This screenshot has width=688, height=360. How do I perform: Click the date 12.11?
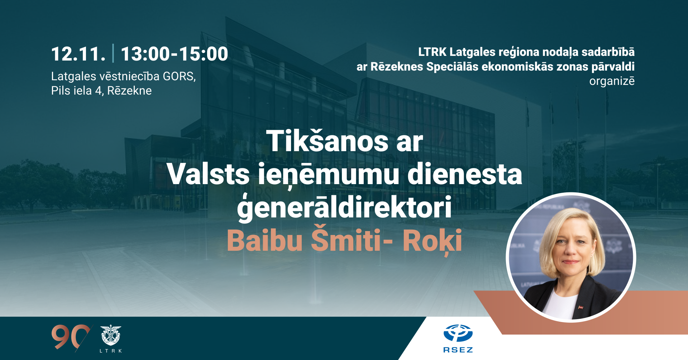pos(78,54)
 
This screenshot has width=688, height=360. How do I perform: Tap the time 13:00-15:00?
pos(174,54)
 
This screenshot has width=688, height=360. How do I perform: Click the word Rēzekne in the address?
pos(129,91)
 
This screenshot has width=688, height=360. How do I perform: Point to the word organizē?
pos(612,81)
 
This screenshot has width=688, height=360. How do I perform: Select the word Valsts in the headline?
pos(208,174)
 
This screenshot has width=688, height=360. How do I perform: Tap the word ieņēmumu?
pos(329,175)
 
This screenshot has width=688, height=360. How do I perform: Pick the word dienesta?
pos(465,174)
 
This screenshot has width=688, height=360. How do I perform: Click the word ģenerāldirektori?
pos(344,208)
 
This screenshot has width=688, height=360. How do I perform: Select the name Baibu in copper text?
pos(265,240)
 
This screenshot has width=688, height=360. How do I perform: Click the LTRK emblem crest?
pos(111,335)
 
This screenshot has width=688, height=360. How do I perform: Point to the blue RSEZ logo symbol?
pos(458,333)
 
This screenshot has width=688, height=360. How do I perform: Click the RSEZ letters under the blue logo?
pos(458,350)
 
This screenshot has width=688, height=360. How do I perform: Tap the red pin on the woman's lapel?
pos(580,307)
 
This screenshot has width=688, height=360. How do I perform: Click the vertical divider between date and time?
pos(113,53)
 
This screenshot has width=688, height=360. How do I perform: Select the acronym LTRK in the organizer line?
pos(432,52)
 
